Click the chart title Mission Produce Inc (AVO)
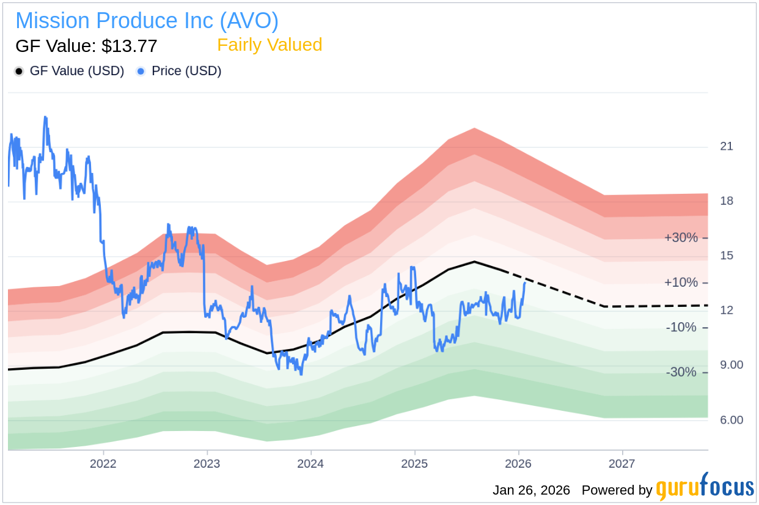147,21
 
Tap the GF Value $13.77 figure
86,46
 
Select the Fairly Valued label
269,45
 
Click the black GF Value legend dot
20,72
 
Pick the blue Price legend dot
141,72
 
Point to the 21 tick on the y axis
727,147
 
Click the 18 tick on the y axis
727,201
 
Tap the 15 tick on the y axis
727,256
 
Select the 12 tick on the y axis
727,311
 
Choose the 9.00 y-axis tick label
731,365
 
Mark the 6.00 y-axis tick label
731,420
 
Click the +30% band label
681,238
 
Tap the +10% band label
681,283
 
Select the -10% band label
681,328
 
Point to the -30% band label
681,372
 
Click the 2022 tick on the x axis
103,463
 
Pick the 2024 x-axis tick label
310,463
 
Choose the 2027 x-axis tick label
621,463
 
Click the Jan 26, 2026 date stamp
531,490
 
